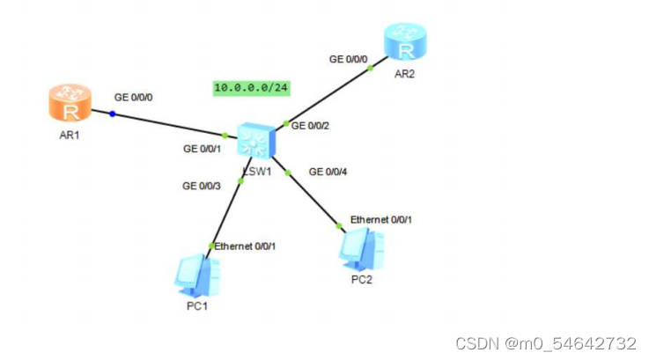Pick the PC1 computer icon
(x=195, y=275)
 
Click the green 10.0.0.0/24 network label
(x=252, y=87)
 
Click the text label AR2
(x=404, y=74)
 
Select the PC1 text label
(x=198, y=305)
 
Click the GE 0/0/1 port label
(x=203, y=150)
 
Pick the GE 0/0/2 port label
(x=311, y=126)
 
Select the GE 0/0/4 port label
(x=328, y=172)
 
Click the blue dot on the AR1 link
(x=112, y=114)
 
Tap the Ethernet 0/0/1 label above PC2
(x=380, y=218)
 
